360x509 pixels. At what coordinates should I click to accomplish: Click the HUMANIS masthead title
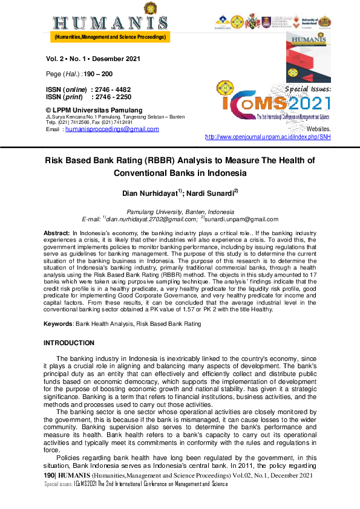pyautogui.click(x=110, y=23)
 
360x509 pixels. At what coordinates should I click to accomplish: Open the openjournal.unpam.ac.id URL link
pyautogui.click(x=268, y=137)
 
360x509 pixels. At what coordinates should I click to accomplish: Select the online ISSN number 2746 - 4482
pyautogui.click(x=113, y=89)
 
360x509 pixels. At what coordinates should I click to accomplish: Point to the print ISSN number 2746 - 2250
pyautogui.click(x=113, y=96)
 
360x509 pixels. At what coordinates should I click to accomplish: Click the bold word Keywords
pyautogui.click(x=58, y=324)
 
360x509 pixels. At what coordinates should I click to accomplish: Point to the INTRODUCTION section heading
pyautogui.click(x=69, y=343)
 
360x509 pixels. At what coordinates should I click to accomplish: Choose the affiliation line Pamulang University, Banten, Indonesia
pyautogui.click(x=180, y=212)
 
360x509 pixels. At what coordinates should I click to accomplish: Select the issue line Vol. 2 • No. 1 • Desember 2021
pyautogui.click(x=93, y=59)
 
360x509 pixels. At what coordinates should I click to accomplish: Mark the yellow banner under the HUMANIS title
pyautogui.click(x=110, y=37)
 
